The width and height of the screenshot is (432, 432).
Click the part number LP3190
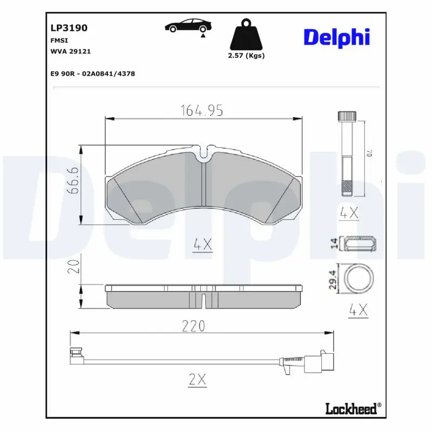tap(69, 28)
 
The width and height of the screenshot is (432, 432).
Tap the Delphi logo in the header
tap(336, 37)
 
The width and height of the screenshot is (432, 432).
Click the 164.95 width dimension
tap(201, 111)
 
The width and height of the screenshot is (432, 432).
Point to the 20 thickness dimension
tap(75, 266)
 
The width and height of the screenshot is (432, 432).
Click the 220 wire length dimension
tap(194, 326)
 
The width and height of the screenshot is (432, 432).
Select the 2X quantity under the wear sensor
tap(198, 380)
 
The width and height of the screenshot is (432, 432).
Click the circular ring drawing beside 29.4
tap(358, 279)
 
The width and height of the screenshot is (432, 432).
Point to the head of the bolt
tap(346, 116)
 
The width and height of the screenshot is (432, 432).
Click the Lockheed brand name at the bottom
tap(350, 409)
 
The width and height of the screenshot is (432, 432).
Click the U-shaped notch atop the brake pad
tap(204, 153)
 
